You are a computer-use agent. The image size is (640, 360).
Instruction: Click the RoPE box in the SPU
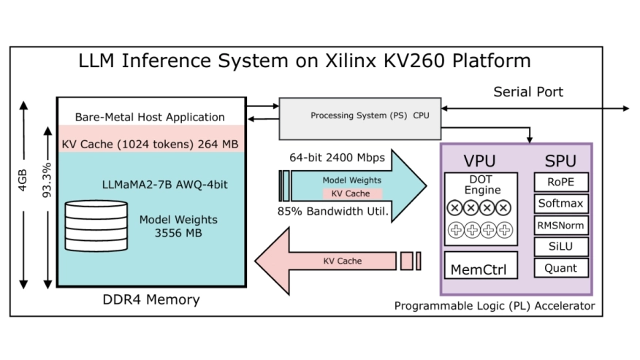tap(561, 183)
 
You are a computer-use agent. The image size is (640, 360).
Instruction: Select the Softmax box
tap(561, 204)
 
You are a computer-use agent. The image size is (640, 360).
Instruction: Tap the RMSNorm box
tap(561, 225)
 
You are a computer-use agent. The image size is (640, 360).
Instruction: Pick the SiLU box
tap(561, 247)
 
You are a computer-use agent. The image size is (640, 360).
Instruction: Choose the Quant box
tap(561, 268)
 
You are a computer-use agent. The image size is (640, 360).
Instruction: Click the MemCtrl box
tap(481, 267)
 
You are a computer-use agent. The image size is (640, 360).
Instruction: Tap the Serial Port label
tap(528, 92)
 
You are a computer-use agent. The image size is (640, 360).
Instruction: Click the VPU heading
tap(481, 161)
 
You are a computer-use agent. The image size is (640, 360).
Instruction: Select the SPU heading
tap(560, 161)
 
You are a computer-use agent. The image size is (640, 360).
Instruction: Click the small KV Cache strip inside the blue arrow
tap(353, 194)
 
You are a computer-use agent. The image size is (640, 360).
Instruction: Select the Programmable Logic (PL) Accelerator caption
tap(494, 305)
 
